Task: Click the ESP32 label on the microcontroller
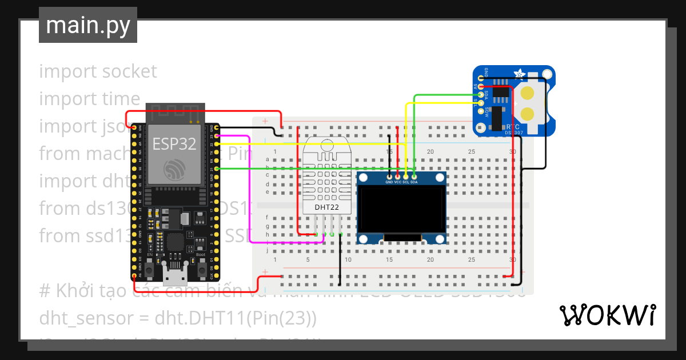tap(174, 144)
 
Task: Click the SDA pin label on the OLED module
tap(413, 182)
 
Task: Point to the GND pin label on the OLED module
tap(389, 182)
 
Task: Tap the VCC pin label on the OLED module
tap(397, 182)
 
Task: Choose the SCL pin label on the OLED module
tap(405, 182)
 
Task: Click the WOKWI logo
tap(607, 315)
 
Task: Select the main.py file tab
tap(88, 25)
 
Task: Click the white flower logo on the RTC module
tap(520, 74)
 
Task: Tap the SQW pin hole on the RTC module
tap(481, 111)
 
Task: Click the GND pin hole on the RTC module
tap(481, 78)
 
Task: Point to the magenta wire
tap(249, 189)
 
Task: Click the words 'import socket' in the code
tap(98, 71)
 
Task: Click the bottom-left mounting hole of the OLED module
tap(362, 238)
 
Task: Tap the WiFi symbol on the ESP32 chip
tap(174, 169)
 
